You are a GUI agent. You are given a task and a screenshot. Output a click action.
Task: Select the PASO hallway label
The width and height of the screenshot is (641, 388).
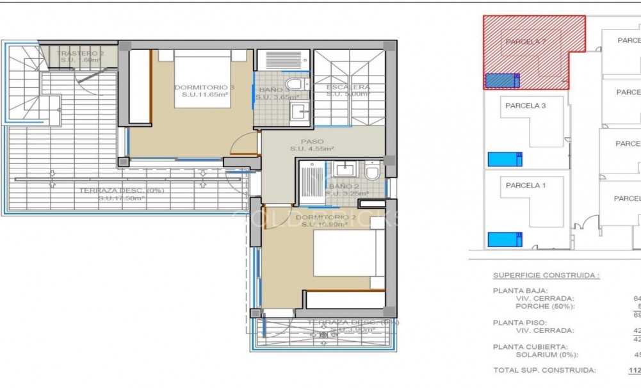pos(312,141)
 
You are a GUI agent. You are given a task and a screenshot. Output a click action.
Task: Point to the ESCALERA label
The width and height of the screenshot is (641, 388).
pos(348,87)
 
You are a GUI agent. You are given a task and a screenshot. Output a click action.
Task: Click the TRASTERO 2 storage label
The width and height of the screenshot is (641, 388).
pos(79,53)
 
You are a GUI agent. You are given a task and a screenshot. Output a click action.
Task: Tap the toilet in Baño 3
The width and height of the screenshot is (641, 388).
pos(295,85)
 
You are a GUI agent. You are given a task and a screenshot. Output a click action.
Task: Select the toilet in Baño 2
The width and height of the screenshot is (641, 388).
pos(371,172)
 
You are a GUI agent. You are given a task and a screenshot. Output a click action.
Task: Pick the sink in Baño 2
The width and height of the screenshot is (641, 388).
pos(344,169)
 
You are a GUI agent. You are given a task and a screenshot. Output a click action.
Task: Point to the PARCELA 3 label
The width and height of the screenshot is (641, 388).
pos(525,106)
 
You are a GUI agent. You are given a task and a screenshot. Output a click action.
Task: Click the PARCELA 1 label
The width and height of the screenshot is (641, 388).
pos(525,186)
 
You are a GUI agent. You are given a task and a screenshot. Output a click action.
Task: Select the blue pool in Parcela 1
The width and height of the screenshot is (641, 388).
pos(505,239)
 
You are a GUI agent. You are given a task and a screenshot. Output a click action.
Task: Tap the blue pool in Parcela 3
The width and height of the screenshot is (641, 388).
pos(505,159)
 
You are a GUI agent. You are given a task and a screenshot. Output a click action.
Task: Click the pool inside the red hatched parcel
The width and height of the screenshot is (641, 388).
pos(501,81)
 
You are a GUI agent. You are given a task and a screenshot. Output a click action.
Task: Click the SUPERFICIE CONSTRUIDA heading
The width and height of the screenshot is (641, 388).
pos(546,275)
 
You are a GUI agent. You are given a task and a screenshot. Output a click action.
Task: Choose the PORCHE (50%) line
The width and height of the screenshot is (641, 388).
pos(544,306)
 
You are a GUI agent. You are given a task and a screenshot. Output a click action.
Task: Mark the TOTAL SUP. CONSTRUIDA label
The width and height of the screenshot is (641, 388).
pos(544,370)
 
